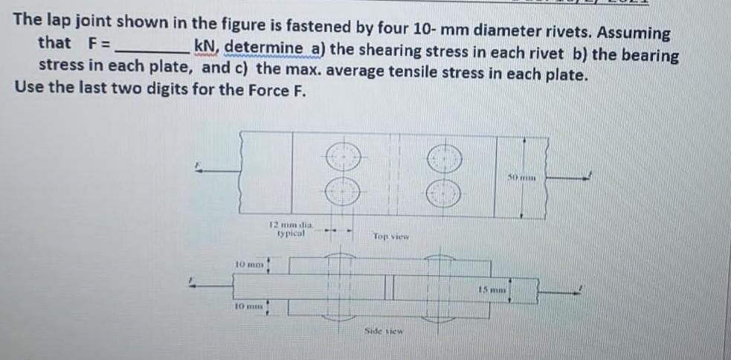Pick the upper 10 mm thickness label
click(x=248, y=264)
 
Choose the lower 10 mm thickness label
click(x=248, y=306)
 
